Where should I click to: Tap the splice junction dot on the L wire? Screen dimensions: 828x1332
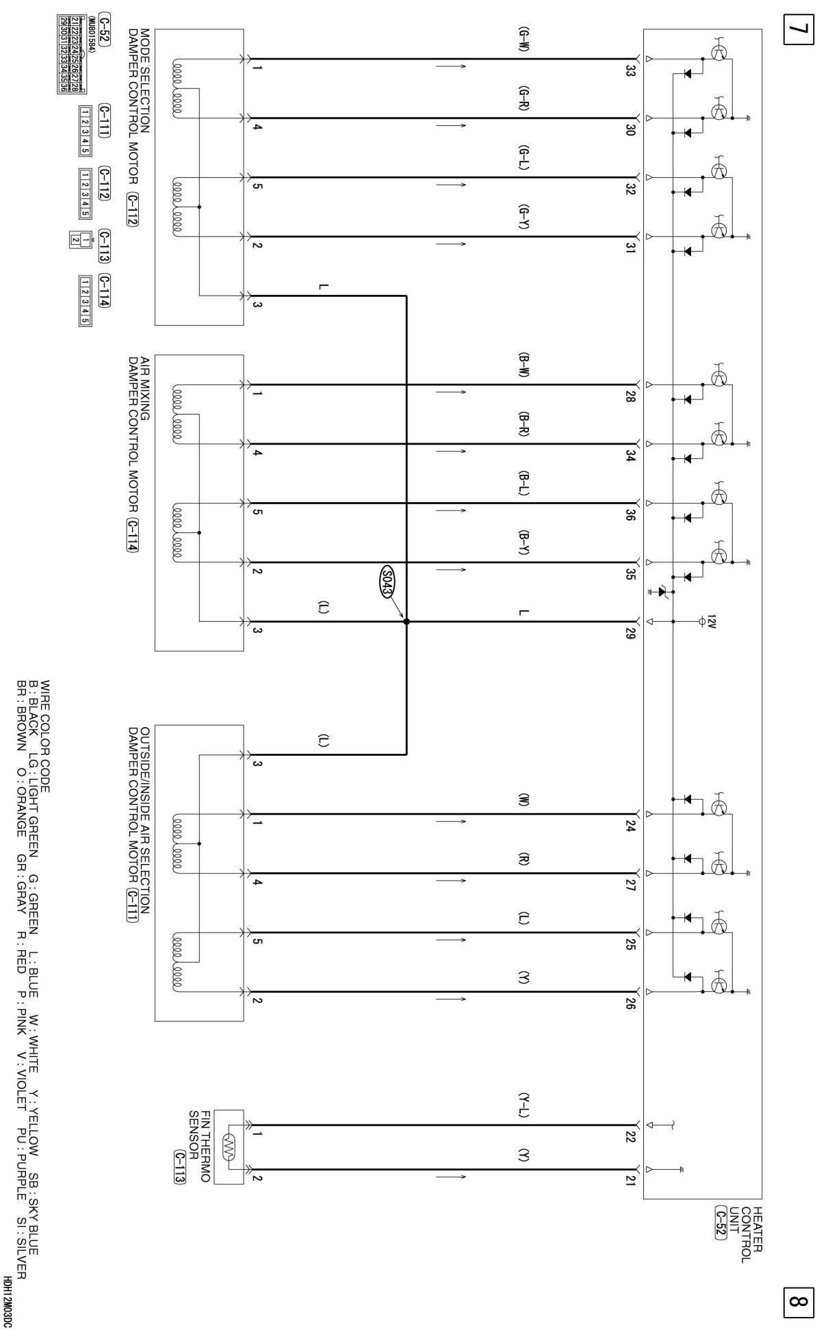[406, 621]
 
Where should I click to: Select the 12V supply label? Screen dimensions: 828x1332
[712, 621]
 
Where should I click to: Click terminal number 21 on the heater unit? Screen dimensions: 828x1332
[630, 1181]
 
